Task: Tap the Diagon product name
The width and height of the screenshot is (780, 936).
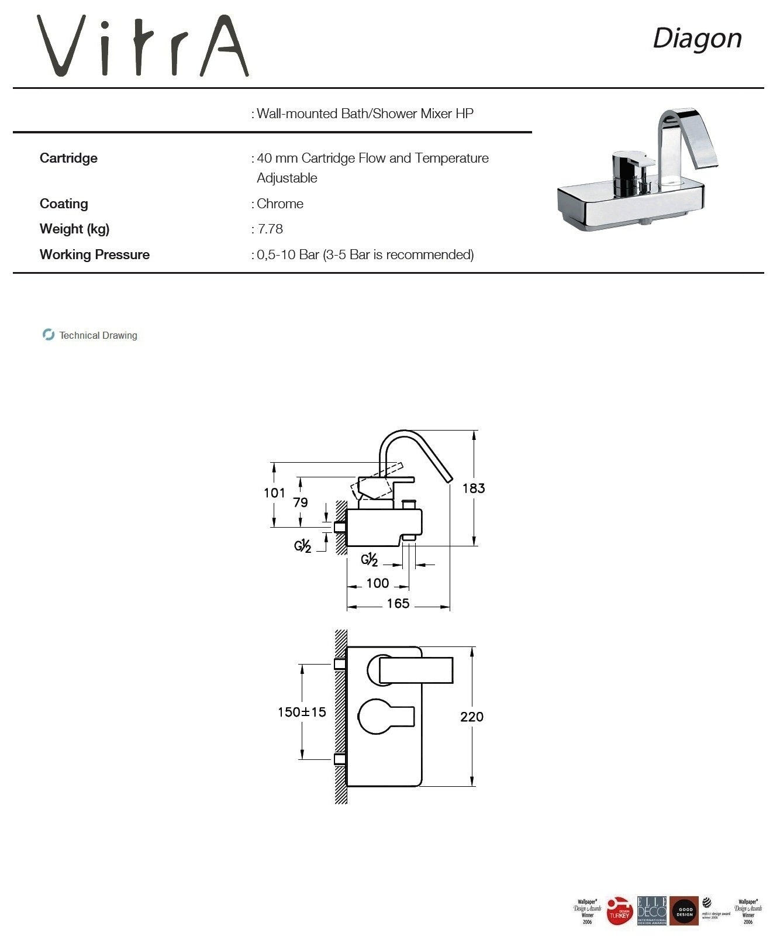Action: tap(697, 39)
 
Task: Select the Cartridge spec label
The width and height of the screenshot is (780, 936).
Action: tap(68, 158)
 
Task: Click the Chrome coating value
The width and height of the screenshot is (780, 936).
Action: tap(280, 204)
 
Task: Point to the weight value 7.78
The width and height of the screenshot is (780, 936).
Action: tap(270, 229)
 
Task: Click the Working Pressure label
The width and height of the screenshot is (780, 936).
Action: tap(95, 254)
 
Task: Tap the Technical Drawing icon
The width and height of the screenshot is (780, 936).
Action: tap(49, 335)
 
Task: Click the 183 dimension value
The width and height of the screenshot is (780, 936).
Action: tap(473, 488)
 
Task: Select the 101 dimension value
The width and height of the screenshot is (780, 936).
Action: tap(274, 493)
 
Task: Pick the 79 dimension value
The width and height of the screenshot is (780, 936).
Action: tap(301, 503)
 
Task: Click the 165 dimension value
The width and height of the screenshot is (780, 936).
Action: tap(398, 604)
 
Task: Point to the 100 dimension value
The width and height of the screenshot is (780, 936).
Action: tap(378, 583)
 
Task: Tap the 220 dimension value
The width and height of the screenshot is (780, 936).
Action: tap(471, 717)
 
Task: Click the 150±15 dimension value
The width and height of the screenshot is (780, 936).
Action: tap(302, 712)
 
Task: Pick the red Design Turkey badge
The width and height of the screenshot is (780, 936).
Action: tap(619, 911)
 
